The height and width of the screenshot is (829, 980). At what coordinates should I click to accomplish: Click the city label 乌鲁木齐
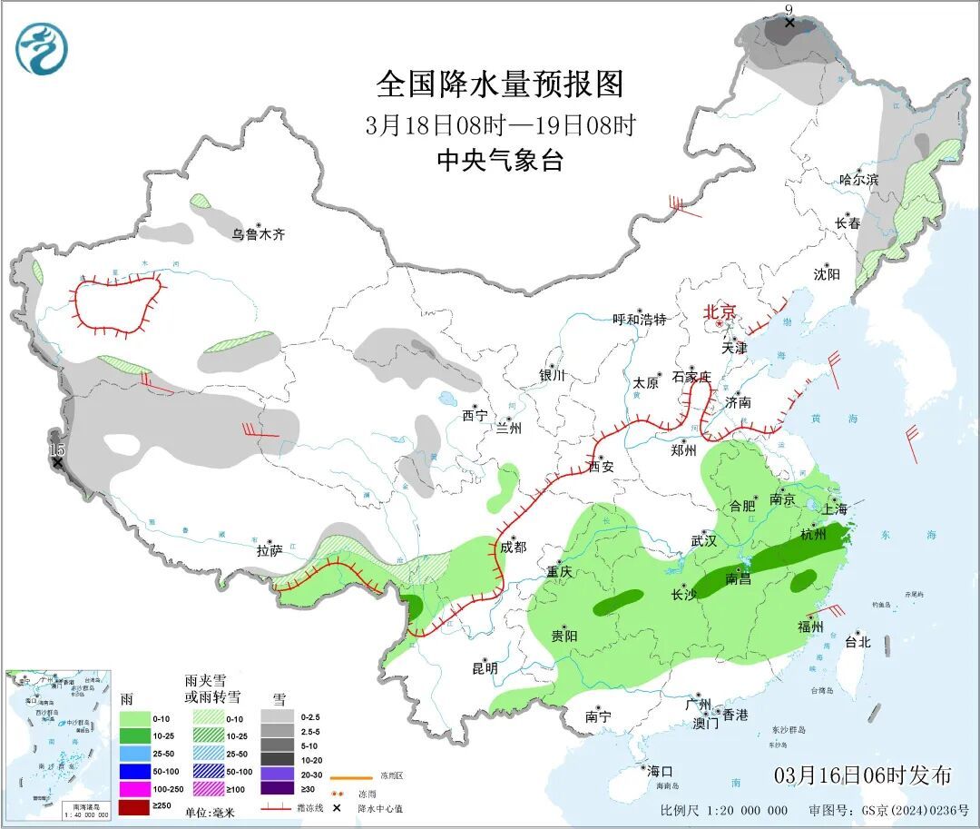(x=258, y=234)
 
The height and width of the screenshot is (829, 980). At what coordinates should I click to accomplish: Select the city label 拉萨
(x=269, y=549)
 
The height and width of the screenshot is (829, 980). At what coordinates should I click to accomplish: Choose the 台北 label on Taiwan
(x=857, y=642)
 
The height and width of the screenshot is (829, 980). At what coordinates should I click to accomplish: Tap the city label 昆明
(x=485, y=668)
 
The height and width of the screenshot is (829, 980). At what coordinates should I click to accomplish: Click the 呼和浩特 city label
(x=640, y=319)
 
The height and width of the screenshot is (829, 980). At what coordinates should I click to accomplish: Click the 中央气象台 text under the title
(x=500, y=161)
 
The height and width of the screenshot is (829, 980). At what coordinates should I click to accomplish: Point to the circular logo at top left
(x=42, y=49)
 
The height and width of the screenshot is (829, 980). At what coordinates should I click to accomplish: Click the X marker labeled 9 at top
(x=789, y=22)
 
